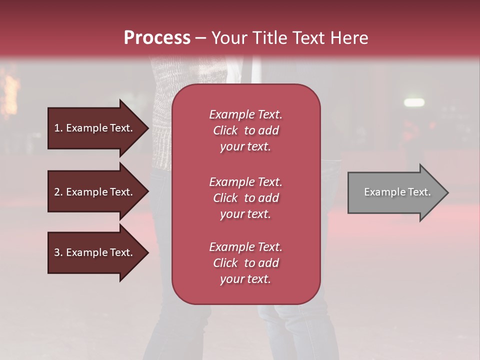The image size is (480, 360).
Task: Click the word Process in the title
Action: tap(157, 38)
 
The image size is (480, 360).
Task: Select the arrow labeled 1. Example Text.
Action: tap(95, 128)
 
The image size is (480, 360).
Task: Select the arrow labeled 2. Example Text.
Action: tap(95, 192)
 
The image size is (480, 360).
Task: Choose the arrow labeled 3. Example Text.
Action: tap(95, 252)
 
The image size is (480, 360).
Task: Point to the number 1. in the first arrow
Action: tap(58, 128)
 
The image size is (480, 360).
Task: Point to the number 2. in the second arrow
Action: tap(58, 192)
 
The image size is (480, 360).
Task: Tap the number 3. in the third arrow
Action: tap(58, 252)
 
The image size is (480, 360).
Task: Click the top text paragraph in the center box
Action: tap(246, 130)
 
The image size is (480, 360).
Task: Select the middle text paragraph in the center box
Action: tap(246, 198)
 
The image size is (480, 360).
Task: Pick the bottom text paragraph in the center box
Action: tap(246, 263)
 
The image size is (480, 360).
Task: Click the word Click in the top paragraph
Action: tap(225, 130)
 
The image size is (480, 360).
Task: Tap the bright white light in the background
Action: tap(415, 102)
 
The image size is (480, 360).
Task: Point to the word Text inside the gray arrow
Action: tap(420, 192)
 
